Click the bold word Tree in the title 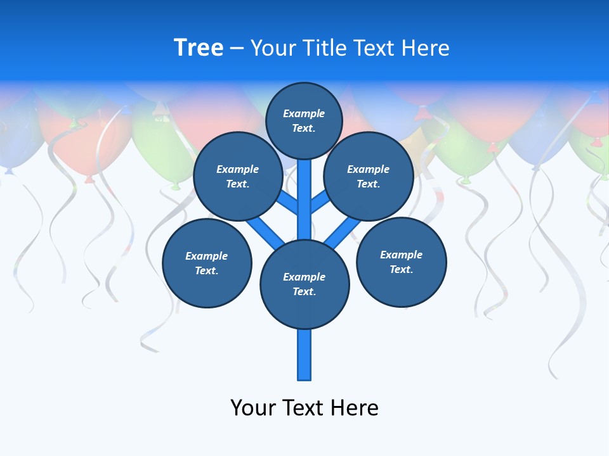pos(199,48)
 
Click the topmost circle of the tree pos(304,120)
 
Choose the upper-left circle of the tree pos(237,176)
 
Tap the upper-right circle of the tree pos(368,176)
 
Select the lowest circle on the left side pos(207,263)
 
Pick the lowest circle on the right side pos(401,262)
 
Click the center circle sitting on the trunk pos(304,284)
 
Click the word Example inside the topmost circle pos(304,113)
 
